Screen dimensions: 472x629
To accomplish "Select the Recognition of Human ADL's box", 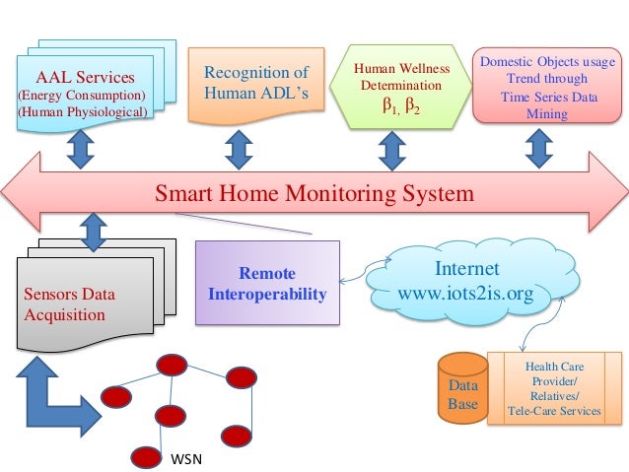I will (x=255, y=84).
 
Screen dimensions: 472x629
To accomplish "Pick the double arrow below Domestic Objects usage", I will (x=538, y=149).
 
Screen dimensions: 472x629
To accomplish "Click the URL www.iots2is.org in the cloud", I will (x=466, y=293).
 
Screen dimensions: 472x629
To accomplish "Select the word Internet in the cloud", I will (x=466, y=269).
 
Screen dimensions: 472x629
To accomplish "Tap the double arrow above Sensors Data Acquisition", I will (x=93, y=234).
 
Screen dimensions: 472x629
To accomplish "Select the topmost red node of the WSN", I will (x=170, y=364).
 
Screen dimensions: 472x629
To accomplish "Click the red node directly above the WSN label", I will (x=147, y=456).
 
